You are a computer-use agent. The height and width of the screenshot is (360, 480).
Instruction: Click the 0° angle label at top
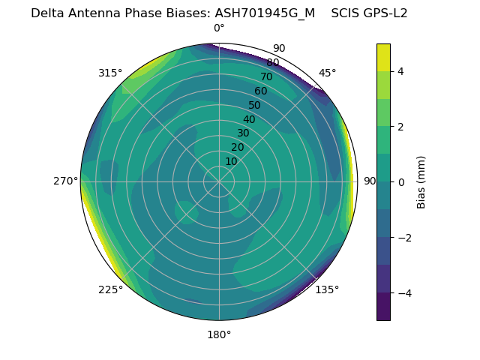pyautogui.click(x=219, y=28)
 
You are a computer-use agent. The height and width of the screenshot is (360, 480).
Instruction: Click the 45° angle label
pyautogui.click(x=327, y=73)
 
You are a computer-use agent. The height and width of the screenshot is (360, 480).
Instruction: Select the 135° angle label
pyautogui.click(x=327, y=289)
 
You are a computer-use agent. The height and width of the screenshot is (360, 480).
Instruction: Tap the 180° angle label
pyautogui.click(x=219, y=334)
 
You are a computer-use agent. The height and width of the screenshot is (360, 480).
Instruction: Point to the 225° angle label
pyautogui.click(x=110, y=289)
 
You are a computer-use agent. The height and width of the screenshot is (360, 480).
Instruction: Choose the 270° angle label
pyautogui.click(x=65, y=181)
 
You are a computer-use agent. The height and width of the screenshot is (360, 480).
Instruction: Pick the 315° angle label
pyautogui.click(x=110, y=73)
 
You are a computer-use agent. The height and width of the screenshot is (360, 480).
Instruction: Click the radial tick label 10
pyautogui.click(x=231, y=161)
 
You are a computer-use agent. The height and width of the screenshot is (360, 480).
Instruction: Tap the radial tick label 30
pyautogui.click(x=243, y=133)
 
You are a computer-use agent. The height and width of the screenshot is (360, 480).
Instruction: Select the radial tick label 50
pyautogui.click(x=254, y=106)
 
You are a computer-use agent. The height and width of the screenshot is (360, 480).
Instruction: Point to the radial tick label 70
pyautogui.click(x=266, y=77)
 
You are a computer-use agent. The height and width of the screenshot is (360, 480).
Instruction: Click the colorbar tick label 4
pyautogui.click(x=401, y=71)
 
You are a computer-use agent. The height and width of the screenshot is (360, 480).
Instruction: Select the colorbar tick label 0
pyautogui.click(x=401, y=181)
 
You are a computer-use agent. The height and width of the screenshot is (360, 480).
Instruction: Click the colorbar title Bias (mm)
pyautogui.click(x=421, y=182)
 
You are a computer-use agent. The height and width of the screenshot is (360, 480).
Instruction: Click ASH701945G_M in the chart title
pyautogui.click(x=265, y=13)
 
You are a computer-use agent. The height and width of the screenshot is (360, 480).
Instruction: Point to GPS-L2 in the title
pyautogui.click(x=385, y=13)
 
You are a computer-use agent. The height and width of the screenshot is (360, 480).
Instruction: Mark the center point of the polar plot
pyautogui.click(x=219, y=181)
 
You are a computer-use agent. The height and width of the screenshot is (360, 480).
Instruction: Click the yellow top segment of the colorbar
pyautogui.click(x=383, y=57)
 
